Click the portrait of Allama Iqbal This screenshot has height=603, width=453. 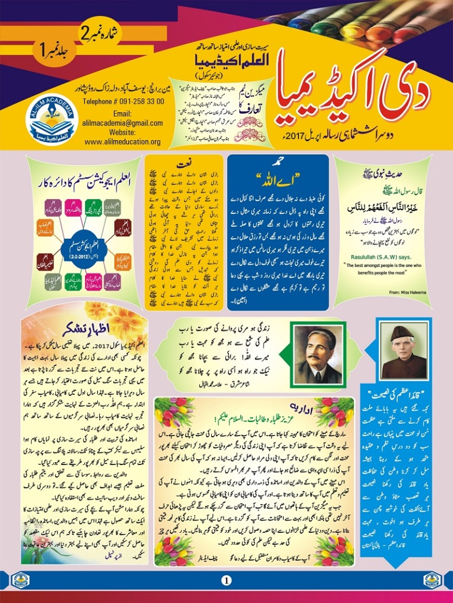click(x=318, y=355)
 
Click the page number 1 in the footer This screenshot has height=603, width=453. click(x=226, y=581)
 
